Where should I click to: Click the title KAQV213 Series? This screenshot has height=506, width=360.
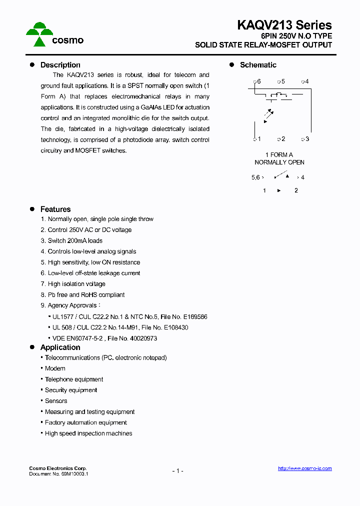pyautogui.click(x=284, y=25)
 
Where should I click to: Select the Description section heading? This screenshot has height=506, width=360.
pyautogui.click(x=60, y=65)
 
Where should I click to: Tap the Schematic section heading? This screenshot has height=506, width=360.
pyautogui.click(x=258, y=65)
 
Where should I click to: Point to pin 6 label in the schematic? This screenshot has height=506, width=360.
pyautogui.click(x=258, y=81)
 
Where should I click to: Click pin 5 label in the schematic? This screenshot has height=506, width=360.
pyautogui.click(x=282, y=81)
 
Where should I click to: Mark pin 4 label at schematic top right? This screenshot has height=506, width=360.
pyautogui.click(x=306, y=81)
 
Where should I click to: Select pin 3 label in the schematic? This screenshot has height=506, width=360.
pyautogui.click(x=306, y=139)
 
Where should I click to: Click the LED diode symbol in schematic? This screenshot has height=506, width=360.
pyautogui.click(x=268, y=115)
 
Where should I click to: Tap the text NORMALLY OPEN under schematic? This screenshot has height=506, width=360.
pyautogui.click(x=279, y=162)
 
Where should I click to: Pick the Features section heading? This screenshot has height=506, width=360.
pyautogui.click(x=55, y=209)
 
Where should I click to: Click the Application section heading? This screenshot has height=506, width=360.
pyautogui.click(x=60, y=347)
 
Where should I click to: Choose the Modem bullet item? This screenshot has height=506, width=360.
pyautogui.click(x=55, y=368)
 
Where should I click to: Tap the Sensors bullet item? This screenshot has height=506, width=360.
pyautogui.click(x=56, y=401)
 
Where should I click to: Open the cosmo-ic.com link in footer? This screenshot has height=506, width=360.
pyautogui.click(x=304, y=468)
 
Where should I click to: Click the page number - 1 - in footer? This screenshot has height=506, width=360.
pyautogui.click(x=177, y=471)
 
